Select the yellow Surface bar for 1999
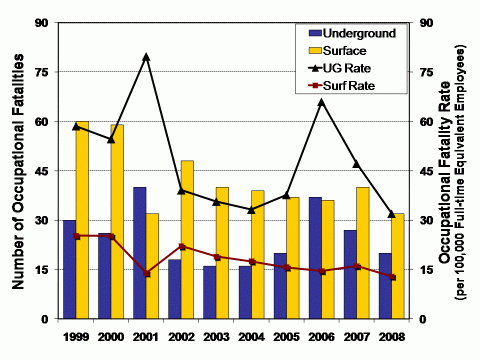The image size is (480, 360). click(82, 220)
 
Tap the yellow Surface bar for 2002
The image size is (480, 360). click(187, 240)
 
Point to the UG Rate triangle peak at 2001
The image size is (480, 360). click(146, 57)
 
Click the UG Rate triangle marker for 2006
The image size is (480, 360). click(321, 101)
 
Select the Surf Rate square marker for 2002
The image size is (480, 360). click(181, 246)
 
